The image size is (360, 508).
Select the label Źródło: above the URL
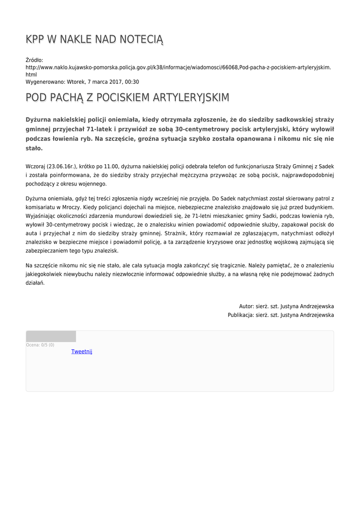point(35,60)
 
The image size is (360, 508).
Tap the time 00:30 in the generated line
point(132,82)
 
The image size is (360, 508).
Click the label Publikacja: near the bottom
point(240,315)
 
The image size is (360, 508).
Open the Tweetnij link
point(82,351)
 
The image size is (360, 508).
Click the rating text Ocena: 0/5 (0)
point(40,345)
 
